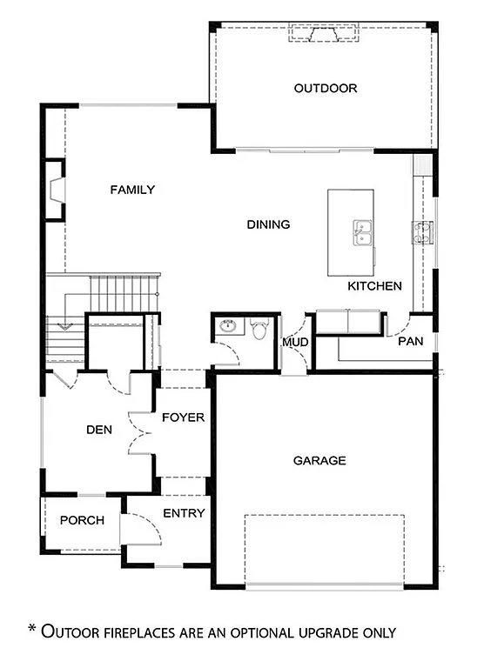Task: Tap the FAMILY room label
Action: coord(132,190)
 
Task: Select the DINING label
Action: coord(268,224)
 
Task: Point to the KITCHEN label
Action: coord(374,285)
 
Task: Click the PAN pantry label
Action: coord(410,342)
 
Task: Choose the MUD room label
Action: coord(294,342)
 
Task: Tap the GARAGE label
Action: coord(319,461)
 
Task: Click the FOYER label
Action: coord(184,417)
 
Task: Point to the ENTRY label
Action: coord(185,513)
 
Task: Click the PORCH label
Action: coord(82,520)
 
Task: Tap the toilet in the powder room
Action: coord(259,330)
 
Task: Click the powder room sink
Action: coord(228,328)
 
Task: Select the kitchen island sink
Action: coord(362,232)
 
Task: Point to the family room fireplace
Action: coord(55,190)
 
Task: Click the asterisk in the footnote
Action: coord(33,629)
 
